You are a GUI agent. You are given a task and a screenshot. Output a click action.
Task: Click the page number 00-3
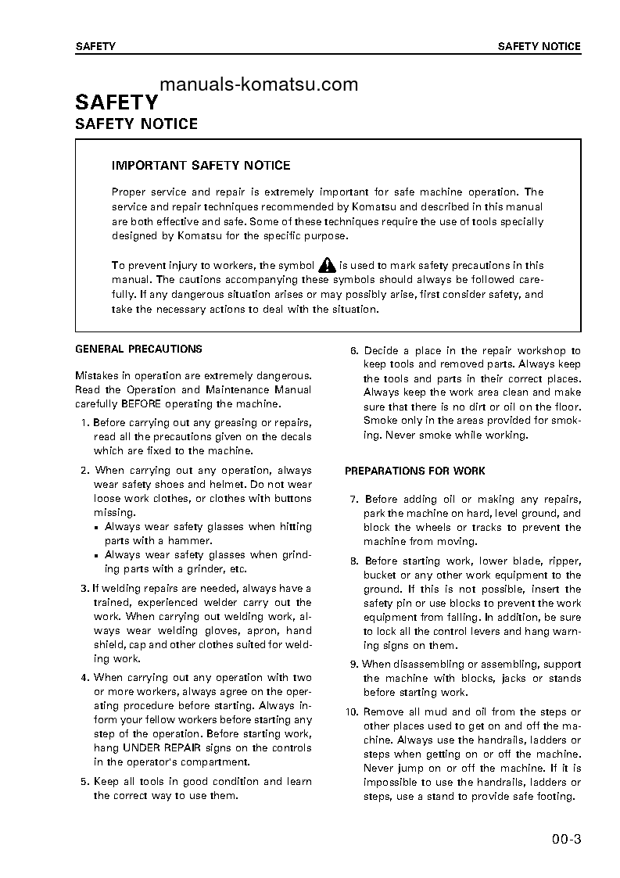pyautogui.click(x=566, y=841)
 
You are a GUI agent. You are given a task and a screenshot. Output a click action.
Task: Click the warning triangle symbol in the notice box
pyautogui.click(x=327, y=265)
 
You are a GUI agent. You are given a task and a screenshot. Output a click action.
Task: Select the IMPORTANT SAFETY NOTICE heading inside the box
pyautogui.click(x=201, y=165)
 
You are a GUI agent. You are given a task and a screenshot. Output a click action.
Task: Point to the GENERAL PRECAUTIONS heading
pyautogui.click(x=138, y=349)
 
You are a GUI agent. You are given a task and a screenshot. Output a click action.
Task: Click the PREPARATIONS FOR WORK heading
pyautogui.click(x=414, y=471)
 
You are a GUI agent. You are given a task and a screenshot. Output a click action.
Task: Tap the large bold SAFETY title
pyautogui.click(x=116, y=102)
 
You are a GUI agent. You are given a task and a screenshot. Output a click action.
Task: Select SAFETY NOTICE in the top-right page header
pyautogui.click(x=539, y=46)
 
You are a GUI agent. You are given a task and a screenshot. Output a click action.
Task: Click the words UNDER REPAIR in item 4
pyautogui.click(x=166, y=748)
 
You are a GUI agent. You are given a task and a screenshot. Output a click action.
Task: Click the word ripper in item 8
pyautogui.click(x=564, y=561)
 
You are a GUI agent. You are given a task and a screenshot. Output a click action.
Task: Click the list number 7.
pyautogui.click(x=353, y=499)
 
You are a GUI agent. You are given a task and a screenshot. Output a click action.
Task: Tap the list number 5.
pyautogui.click(x=84, y=781)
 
